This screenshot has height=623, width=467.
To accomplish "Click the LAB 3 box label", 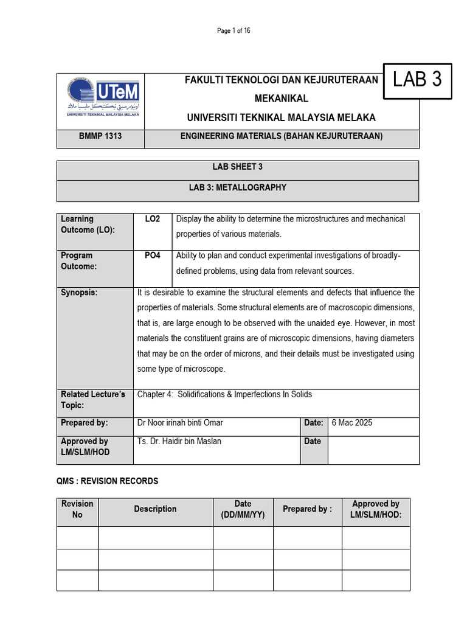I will pyautogui.click(x=417, y=80).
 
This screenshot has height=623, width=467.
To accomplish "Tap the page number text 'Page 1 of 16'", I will pyautogui.click(x=233, y=32).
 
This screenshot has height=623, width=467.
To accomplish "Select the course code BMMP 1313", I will pyautogui.click(x=100, y=136).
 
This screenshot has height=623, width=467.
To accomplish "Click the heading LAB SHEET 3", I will pyautogui.click(x=237, y=167).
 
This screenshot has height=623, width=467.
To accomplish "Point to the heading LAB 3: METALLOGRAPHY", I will pyautogui.click(x=237, y=188).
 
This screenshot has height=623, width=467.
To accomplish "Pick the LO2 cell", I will pyautogui.click(x=153, y=219).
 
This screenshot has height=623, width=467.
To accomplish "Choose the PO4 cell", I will pyautogui.click(x=153, y=256).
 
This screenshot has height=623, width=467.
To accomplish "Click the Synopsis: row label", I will pyautogui.click(x=79, y=293).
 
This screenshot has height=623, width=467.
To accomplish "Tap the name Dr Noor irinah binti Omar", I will pyautogui.click(x=184, y=423).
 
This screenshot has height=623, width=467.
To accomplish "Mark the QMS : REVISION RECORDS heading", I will pyautogui.click(x=107, y=481).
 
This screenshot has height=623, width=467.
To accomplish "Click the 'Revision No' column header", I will pyautogui.click(x=77, y=509).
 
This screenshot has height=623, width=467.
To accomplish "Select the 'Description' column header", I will pyautogui.click(x=155, y=509).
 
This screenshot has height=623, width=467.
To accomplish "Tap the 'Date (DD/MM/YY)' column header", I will pyautogui.click(x=243, y=509).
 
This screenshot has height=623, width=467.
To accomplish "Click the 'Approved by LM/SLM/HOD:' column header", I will pyautogui.click(x=376, y=509).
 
